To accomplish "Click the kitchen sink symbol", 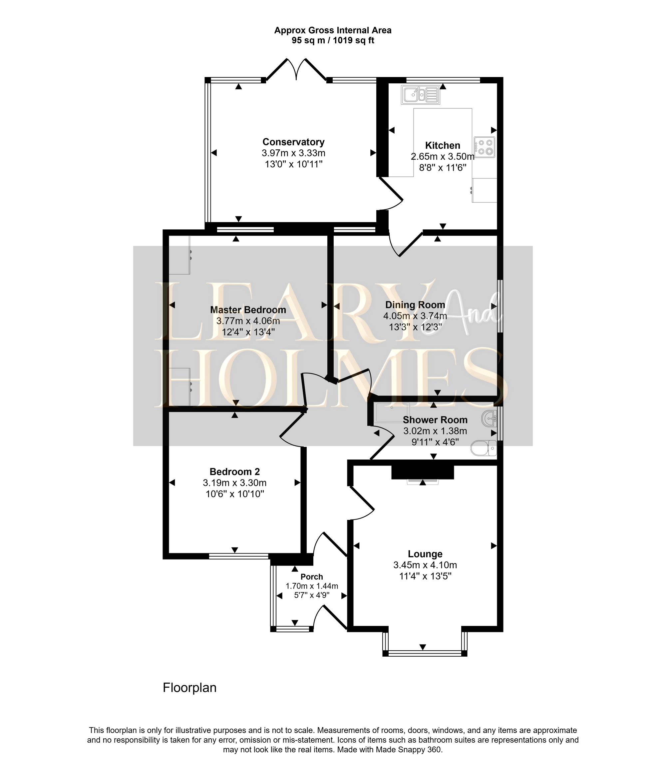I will (x=420, y=95).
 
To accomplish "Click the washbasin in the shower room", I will (x=490, y=419).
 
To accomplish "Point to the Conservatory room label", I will (x=293, y=142).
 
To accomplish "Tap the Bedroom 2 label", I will (x=234, y=472).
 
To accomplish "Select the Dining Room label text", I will (x=415, y=305).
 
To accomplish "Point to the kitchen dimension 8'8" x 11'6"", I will (x=442, y=168).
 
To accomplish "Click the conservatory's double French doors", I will (x=296, y=71).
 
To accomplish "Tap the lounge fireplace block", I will (x=423, y=472).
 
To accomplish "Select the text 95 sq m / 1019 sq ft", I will (x=333, y=41).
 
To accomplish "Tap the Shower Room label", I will (x=435, y=420).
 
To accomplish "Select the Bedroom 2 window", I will (x=238, y=556).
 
